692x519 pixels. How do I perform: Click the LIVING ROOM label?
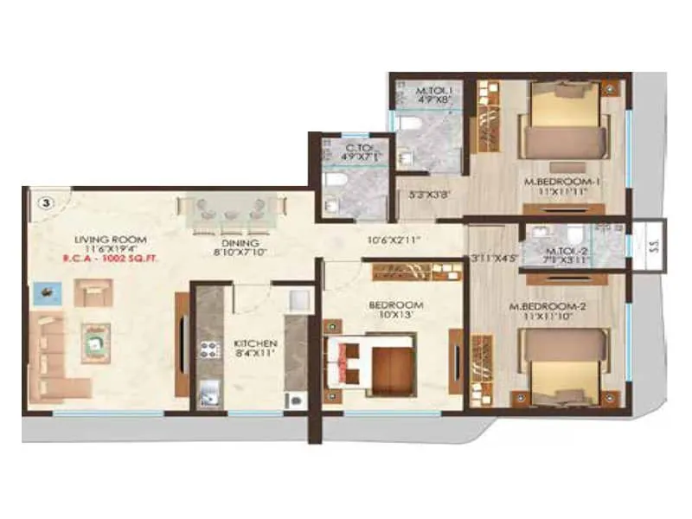[x=110, y=240]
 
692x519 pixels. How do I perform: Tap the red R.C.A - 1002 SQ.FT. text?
[x=110, y=258]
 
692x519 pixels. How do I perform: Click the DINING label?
[x=231, y=243]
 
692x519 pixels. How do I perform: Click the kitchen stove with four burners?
[x=210, y=349]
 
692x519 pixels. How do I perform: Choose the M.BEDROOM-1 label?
[x=567, y=183]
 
